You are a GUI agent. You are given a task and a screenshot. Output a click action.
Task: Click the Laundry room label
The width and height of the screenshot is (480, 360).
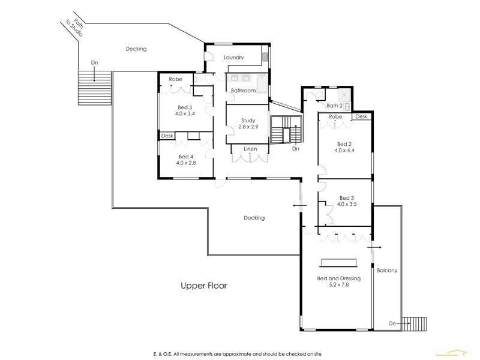233,58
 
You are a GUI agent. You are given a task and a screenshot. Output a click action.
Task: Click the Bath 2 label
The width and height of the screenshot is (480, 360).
334,106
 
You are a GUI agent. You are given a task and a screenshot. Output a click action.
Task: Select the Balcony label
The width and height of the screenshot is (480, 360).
387,271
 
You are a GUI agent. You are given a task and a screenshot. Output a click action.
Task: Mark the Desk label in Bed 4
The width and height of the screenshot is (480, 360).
167,136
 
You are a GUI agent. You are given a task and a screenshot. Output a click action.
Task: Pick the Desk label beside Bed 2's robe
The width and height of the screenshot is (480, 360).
361,116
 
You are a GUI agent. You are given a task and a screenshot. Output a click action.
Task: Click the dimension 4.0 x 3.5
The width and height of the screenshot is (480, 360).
347,205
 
